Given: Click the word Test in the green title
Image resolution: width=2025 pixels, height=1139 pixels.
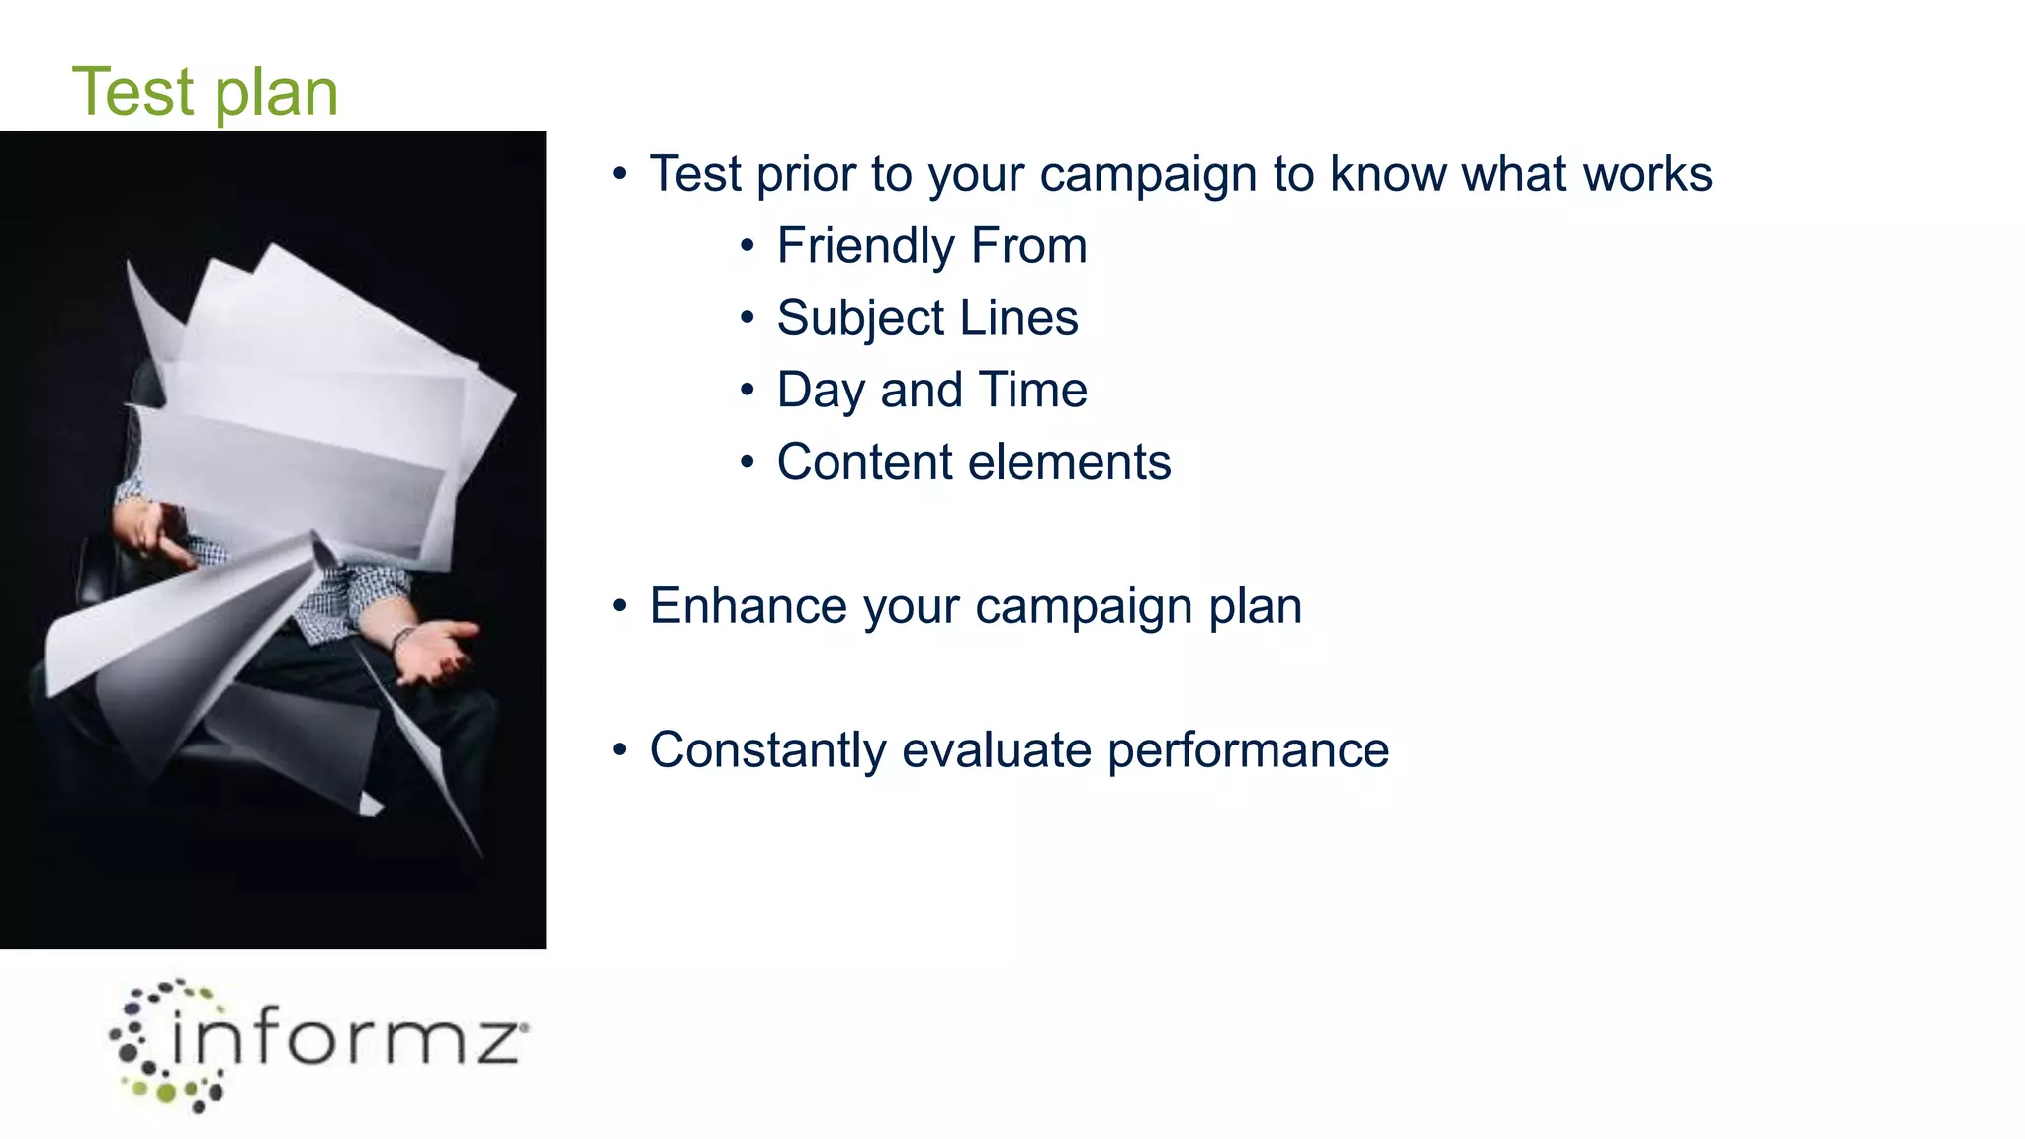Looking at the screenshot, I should tap(133, 92).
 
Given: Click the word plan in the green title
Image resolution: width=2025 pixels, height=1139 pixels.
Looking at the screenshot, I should tap(276, 95).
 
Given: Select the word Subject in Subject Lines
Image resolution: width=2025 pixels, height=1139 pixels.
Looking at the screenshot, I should tap(860, 318).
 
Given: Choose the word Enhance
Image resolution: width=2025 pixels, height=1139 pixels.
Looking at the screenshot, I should tap(748, 606).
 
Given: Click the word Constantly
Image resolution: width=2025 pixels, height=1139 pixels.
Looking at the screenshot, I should tap(767, 749).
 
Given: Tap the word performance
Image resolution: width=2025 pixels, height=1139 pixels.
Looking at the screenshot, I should tap(1248, 750).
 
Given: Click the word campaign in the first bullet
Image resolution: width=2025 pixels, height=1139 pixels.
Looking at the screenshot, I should tap(1148, 175).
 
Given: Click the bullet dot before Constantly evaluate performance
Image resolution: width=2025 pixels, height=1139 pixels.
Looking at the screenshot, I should tap(620, 749).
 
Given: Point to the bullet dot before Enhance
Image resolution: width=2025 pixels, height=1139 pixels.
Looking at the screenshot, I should tap(620, 605).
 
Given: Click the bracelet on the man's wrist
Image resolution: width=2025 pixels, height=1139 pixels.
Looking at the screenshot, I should tap(400, 641).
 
